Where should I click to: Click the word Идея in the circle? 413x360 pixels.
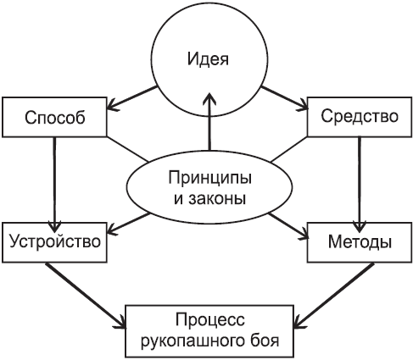[208, 59]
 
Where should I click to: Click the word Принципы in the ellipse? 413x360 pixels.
[209, 179]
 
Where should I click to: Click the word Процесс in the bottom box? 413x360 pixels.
[210, 321]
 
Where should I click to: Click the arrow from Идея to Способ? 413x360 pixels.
[131, 97]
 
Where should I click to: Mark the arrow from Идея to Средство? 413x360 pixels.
[284, 97]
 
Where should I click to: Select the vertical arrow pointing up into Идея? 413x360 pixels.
[209, 121]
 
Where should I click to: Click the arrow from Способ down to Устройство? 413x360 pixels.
[54, 185]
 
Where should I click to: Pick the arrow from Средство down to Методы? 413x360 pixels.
[360, 184]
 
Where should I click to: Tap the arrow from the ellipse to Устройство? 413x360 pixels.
[129, 224]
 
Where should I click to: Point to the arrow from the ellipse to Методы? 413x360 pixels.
[288, 225]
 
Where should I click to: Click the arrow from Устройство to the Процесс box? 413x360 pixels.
[86, 296]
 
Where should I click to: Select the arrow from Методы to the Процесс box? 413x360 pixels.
[333, 296]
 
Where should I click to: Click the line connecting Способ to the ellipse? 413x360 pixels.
[128, 149]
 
